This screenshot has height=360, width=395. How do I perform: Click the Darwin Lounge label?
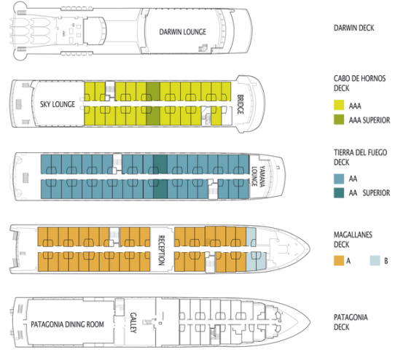point(183,32)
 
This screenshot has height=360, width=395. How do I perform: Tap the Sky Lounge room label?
point(58,104)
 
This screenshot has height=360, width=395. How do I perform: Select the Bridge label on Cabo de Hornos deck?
point(240,104)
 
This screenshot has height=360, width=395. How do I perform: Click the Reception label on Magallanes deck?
point(161,250)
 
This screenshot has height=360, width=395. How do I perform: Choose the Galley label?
point(133,323)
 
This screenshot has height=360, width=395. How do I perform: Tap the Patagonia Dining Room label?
point(67,324)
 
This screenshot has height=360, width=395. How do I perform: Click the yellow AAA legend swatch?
point(339,106)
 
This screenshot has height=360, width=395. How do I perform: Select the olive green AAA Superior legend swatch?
point(339,120)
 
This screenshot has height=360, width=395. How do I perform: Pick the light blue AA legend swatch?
point(339,179)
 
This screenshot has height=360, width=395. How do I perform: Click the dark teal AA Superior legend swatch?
point(339,192)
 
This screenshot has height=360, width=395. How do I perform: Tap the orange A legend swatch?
point(339,261)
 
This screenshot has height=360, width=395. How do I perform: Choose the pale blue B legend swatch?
point(375,261)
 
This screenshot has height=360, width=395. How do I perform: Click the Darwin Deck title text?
point(353,28)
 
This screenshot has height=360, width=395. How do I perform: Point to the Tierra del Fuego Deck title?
point(360,157)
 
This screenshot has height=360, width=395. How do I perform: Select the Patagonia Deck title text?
point(351,322)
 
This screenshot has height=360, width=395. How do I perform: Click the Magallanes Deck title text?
point(353,240)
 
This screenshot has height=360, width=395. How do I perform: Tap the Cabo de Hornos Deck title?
point(359,83)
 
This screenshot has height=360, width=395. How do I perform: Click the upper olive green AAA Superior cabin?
point(153,91)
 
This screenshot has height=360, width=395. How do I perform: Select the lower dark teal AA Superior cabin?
point(160,189)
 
